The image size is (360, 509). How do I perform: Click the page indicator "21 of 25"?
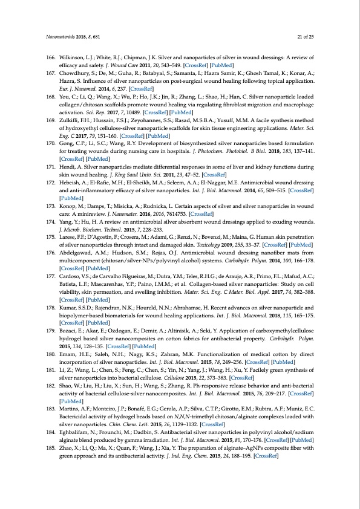click(305, 37)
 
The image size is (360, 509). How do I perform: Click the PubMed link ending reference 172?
click(71, 197)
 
